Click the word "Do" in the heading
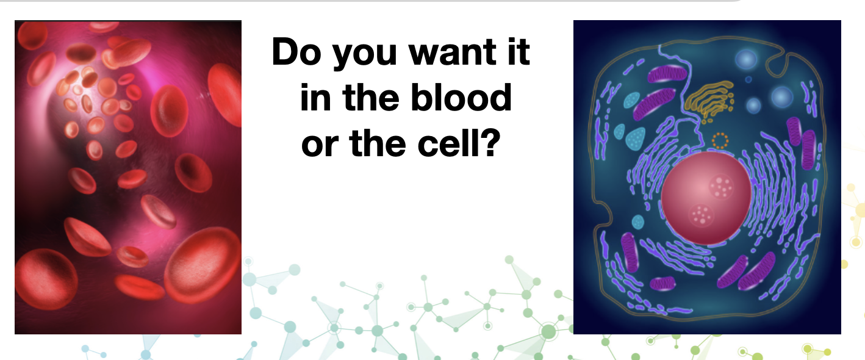[296, 52]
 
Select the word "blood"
[461, 98]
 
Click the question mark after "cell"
[490, 143]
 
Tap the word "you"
[365, 56]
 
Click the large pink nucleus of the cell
[706, 198]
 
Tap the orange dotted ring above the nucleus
[720, 140]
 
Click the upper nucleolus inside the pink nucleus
[721, 187]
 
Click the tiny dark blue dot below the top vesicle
[748, 79]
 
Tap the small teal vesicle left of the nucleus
[638, 222]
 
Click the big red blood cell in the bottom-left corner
[46, 279]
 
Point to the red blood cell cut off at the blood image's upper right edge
[226, 95]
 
